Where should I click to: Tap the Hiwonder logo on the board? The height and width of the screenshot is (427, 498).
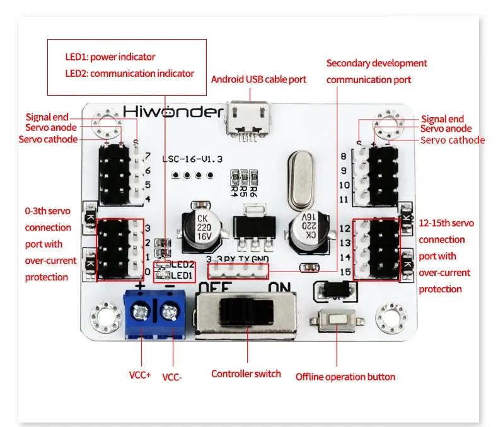(x=173, y=112)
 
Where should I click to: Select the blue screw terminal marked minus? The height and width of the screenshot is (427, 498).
(x=169, y=311)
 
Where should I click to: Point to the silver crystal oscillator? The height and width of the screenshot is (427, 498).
(x=301, y=180)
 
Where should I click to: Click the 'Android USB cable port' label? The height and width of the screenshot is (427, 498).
(x=258, y=79)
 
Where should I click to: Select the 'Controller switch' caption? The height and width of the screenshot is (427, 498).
(x=246, y=373)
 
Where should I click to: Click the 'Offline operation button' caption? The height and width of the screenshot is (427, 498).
(x=345, y=377)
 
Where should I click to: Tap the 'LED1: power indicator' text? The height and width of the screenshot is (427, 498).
(x=110, y=57)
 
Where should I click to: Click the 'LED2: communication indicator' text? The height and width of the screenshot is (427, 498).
(x=130, y=73)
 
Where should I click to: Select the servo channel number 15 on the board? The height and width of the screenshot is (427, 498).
(x=344, y=271)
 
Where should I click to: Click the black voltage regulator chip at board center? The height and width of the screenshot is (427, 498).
(x=251, y=228)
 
